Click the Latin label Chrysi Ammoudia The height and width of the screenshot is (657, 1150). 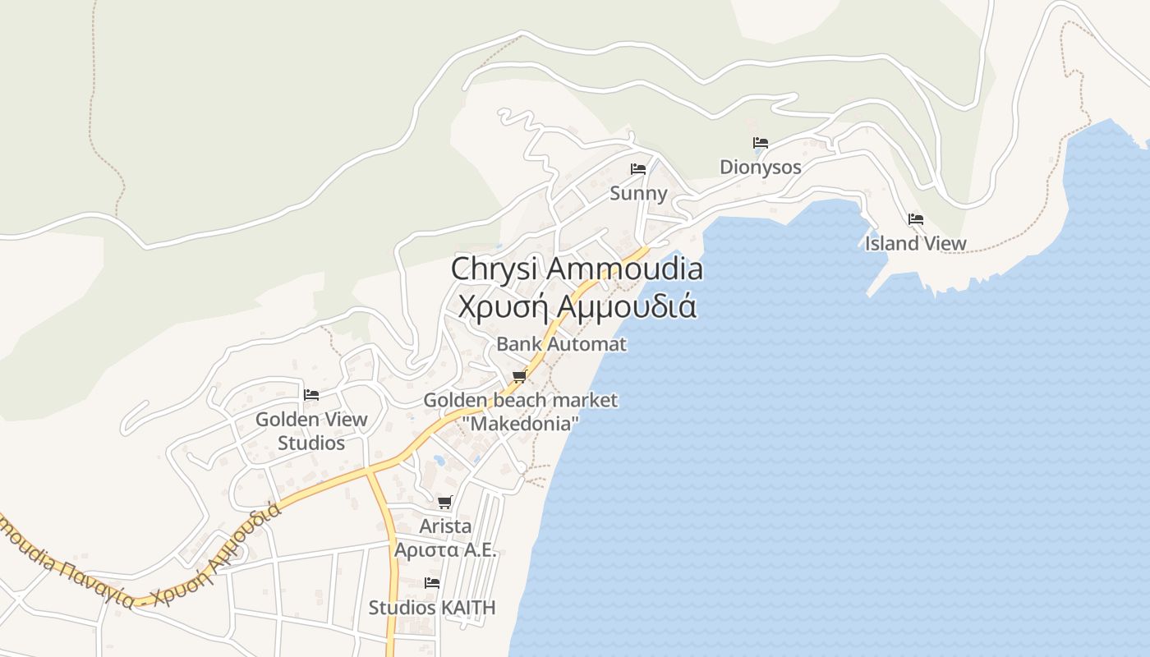(577, 269)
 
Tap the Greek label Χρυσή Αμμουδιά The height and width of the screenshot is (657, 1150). (577, 306)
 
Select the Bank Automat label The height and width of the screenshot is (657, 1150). (561, 344)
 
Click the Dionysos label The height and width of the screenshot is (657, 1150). (760, 167)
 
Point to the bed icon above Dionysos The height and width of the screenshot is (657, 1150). (761, 143)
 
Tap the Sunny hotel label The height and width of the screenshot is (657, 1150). (638, 193)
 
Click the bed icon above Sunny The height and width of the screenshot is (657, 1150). (638, 169)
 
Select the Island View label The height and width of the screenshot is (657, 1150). (915, 243)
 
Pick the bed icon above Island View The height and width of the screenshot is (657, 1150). (916, 219)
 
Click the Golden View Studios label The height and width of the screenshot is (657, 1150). (311, 430)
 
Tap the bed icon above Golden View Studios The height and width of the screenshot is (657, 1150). (311, 395)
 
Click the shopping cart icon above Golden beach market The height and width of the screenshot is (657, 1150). (519, 377)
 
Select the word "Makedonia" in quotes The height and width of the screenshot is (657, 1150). (521, 424)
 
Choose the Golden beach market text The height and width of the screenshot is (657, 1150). (520, 401)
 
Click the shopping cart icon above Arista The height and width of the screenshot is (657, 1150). (445, 502)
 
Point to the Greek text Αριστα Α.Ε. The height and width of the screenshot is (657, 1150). (445, 549)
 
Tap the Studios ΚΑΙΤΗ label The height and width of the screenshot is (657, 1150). (432, 608)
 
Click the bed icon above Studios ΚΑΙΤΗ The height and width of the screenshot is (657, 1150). (432, 583)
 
